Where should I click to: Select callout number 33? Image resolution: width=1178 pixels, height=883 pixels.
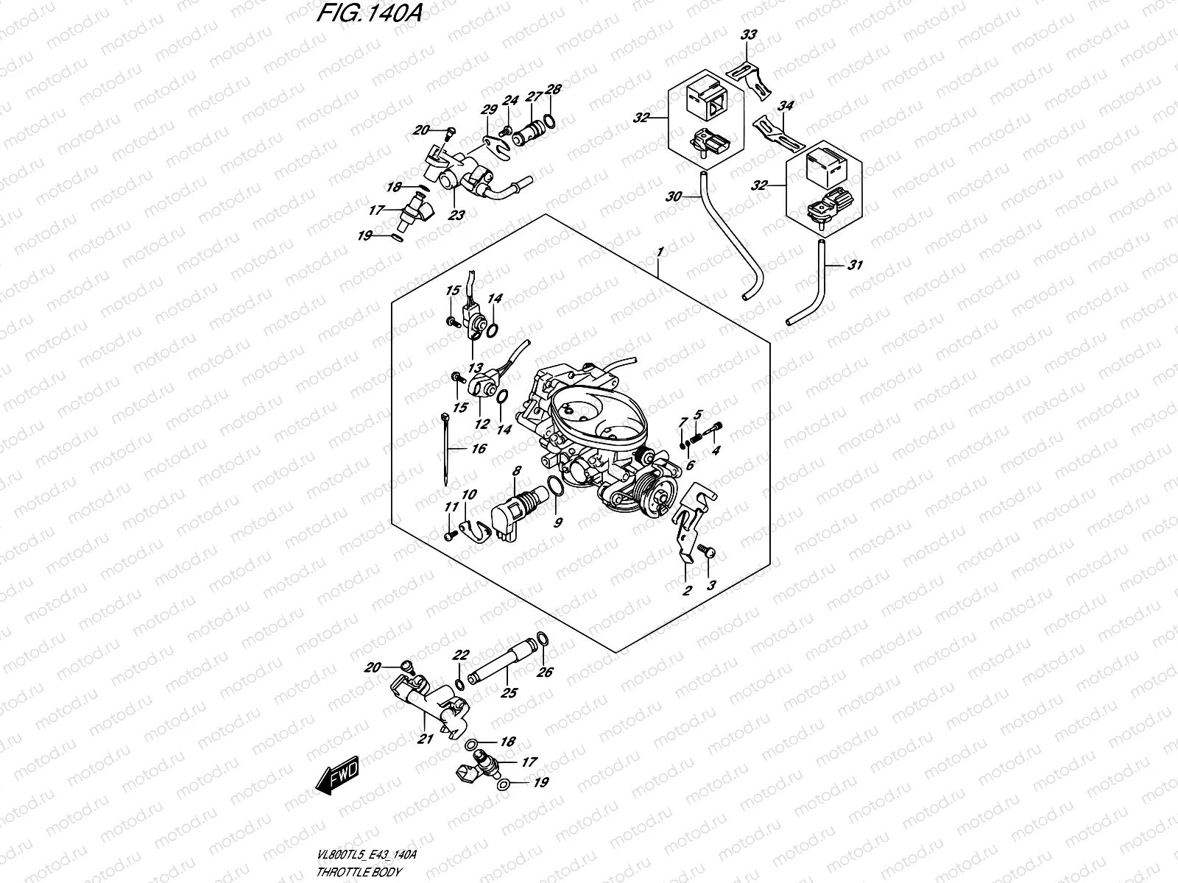[x=748, y=35]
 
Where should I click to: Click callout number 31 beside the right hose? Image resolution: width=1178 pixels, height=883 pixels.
[x=854, y=266]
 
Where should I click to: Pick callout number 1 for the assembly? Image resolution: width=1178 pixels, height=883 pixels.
[x=660, y=252]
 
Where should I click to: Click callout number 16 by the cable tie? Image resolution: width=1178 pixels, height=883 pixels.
[x=478, y=448]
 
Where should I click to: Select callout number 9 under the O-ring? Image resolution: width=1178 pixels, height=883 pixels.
[x=557, y=522]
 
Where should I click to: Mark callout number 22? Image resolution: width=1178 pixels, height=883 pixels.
[x=462, y=655]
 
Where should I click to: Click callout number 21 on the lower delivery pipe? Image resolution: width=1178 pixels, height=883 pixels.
[x=424, y=740]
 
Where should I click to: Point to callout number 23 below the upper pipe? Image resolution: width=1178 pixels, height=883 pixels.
[x=458, y=216]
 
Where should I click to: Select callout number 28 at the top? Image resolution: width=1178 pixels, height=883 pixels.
[x=554, y=90]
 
